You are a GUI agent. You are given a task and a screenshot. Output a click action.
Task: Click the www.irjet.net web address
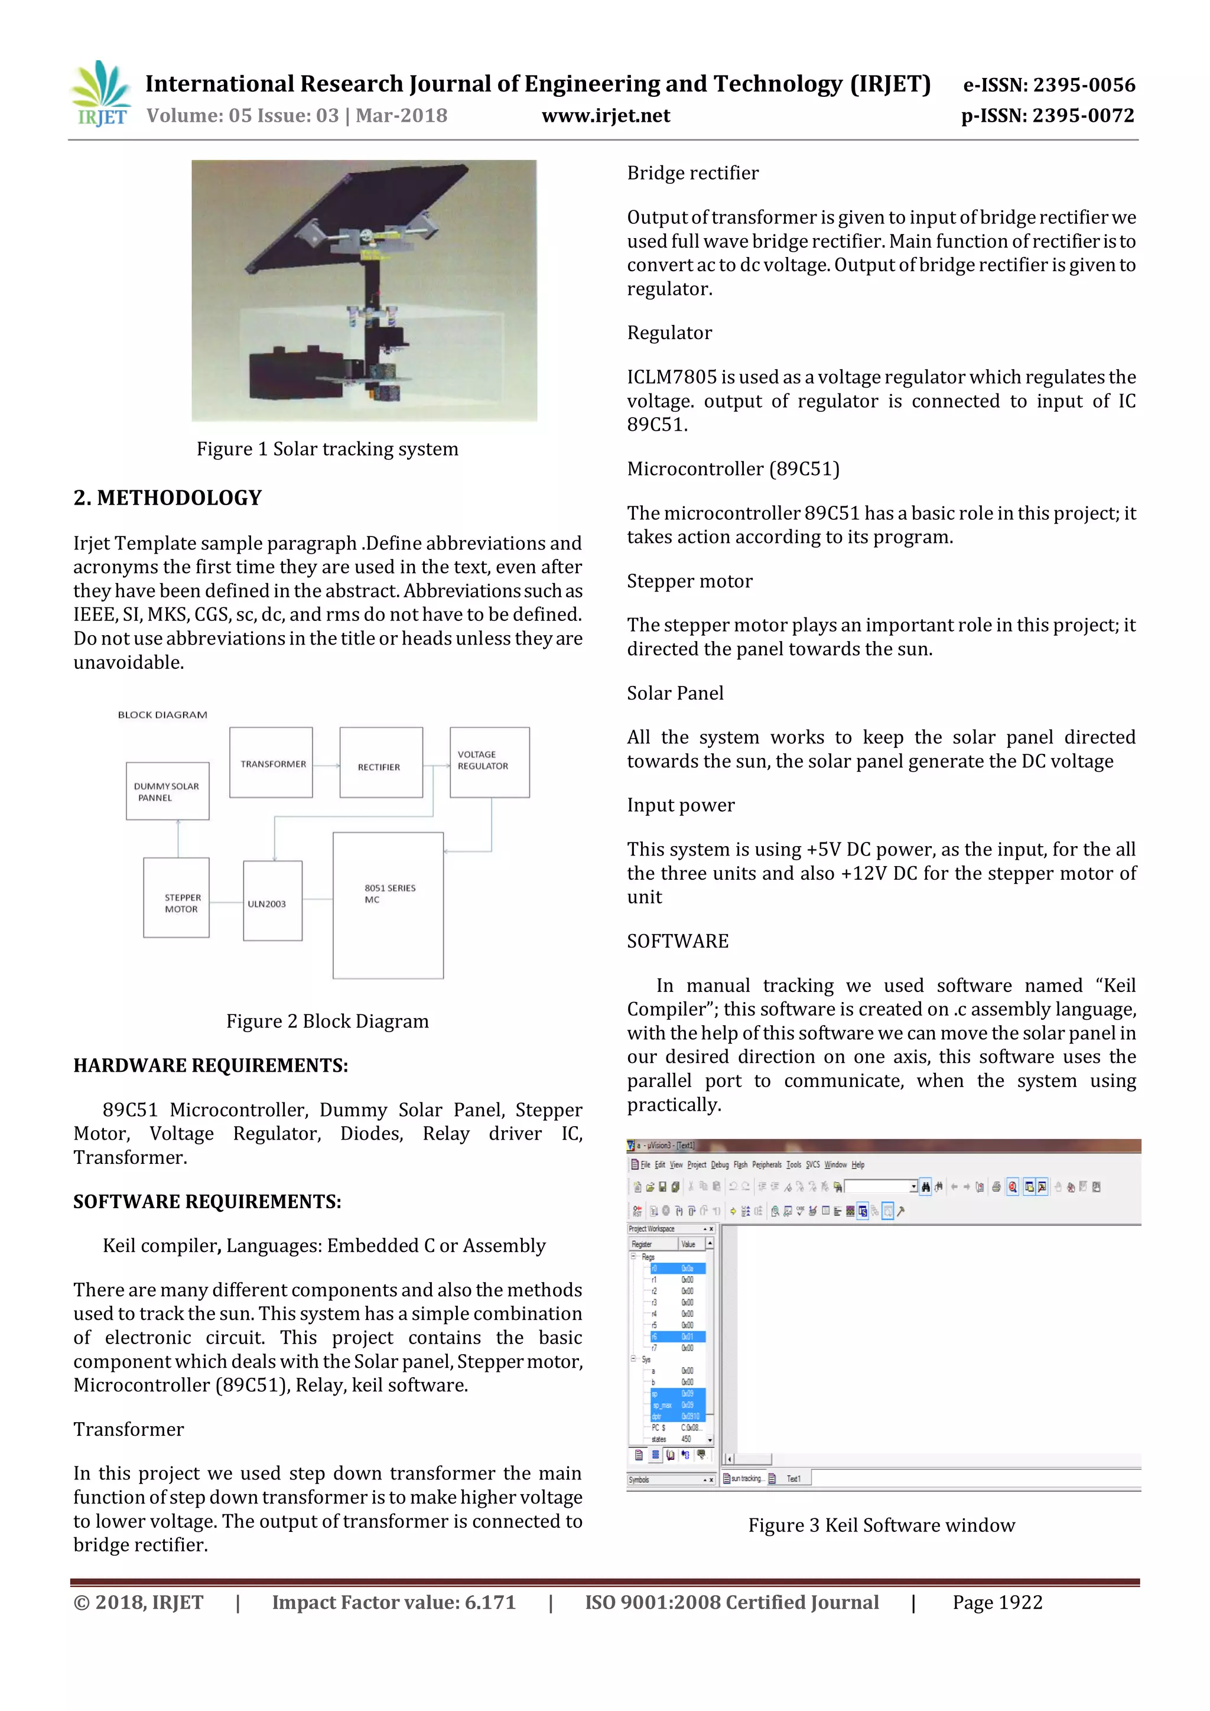[x=605, y=116]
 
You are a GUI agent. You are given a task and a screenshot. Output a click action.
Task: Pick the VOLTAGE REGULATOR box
[x=490, y=762]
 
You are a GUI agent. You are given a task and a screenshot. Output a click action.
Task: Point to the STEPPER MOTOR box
[x=177, y=897]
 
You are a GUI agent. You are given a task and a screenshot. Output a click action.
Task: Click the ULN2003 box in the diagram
[x=273, y=900]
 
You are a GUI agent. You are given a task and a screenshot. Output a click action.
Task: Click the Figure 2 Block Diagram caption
[x=327, y=1021]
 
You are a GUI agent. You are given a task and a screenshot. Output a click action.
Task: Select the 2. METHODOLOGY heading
[x=168, y=498]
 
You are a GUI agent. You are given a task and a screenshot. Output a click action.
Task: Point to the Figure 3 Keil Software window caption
[x=881, y=1525]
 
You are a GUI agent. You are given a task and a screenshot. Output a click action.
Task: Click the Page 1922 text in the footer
[x=997, y=1602]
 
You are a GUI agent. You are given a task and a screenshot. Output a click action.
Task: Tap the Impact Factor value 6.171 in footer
[x=393, y=1602]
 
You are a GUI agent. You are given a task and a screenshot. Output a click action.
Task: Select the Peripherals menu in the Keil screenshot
[x=766, y=1164]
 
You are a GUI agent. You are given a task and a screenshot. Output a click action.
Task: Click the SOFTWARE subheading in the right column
[x=677, y=941]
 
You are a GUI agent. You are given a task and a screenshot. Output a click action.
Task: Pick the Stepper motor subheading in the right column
[x=689, y=581]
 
